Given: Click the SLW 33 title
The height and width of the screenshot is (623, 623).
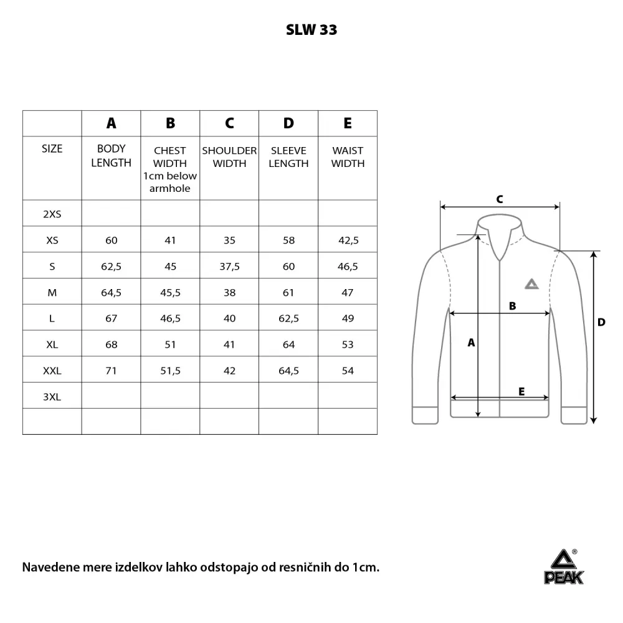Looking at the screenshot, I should [x=311, y=30].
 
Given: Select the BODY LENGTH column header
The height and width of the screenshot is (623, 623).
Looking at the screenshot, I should [x=112, y=156].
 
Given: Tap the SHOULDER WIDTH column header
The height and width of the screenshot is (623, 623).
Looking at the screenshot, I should [x=229, y=157].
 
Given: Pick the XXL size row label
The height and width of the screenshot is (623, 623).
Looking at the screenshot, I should [x=52, y=371].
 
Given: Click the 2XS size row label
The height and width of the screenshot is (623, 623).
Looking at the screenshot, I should [x=52, y=214].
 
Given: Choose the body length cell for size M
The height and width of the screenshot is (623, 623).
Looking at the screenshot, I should [x=112, y=292].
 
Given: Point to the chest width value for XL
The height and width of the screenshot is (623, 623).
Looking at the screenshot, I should [x=170, y=345].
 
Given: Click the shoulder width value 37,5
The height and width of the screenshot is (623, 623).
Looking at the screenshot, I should [x=229, y=266].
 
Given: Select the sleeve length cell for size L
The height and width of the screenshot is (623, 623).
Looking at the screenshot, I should [x=288, y=318].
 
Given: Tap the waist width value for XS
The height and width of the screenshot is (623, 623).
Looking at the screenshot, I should [x=348, y=240].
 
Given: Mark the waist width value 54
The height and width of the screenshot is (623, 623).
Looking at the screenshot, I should [x=348, y=371].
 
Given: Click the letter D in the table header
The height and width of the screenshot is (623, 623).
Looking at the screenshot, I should [x=288, y=123].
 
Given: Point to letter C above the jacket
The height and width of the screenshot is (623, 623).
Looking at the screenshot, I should [x=500, y=199].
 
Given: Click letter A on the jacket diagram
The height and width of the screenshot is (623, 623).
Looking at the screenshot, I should [x=472, y=342].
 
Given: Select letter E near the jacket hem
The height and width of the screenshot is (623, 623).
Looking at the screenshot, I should [x=521, y=391].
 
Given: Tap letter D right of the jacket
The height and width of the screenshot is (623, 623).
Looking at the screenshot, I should [x=601, y=322].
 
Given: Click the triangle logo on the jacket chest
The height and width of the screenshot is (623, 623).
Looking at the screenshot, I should [x=531, y=284].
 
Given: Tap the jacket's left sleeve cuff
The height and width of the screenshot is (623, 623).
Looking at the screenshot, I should [x=425, y=416].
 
